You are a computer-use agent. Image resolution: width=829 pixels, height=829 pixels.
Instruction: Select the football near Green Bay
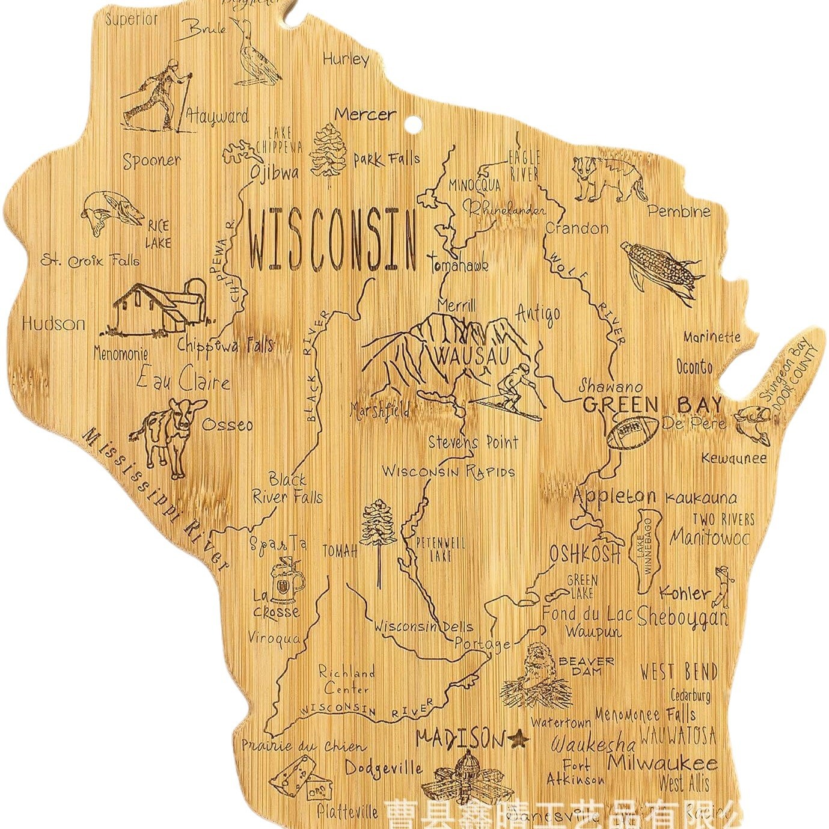click(632, 432)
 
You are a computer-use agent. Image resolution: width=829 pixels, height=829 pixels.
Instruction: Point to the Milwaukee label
click(662, 763)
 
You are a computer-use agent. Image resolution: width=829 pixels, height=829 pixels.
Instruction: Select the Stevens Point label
click(473, 443)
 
